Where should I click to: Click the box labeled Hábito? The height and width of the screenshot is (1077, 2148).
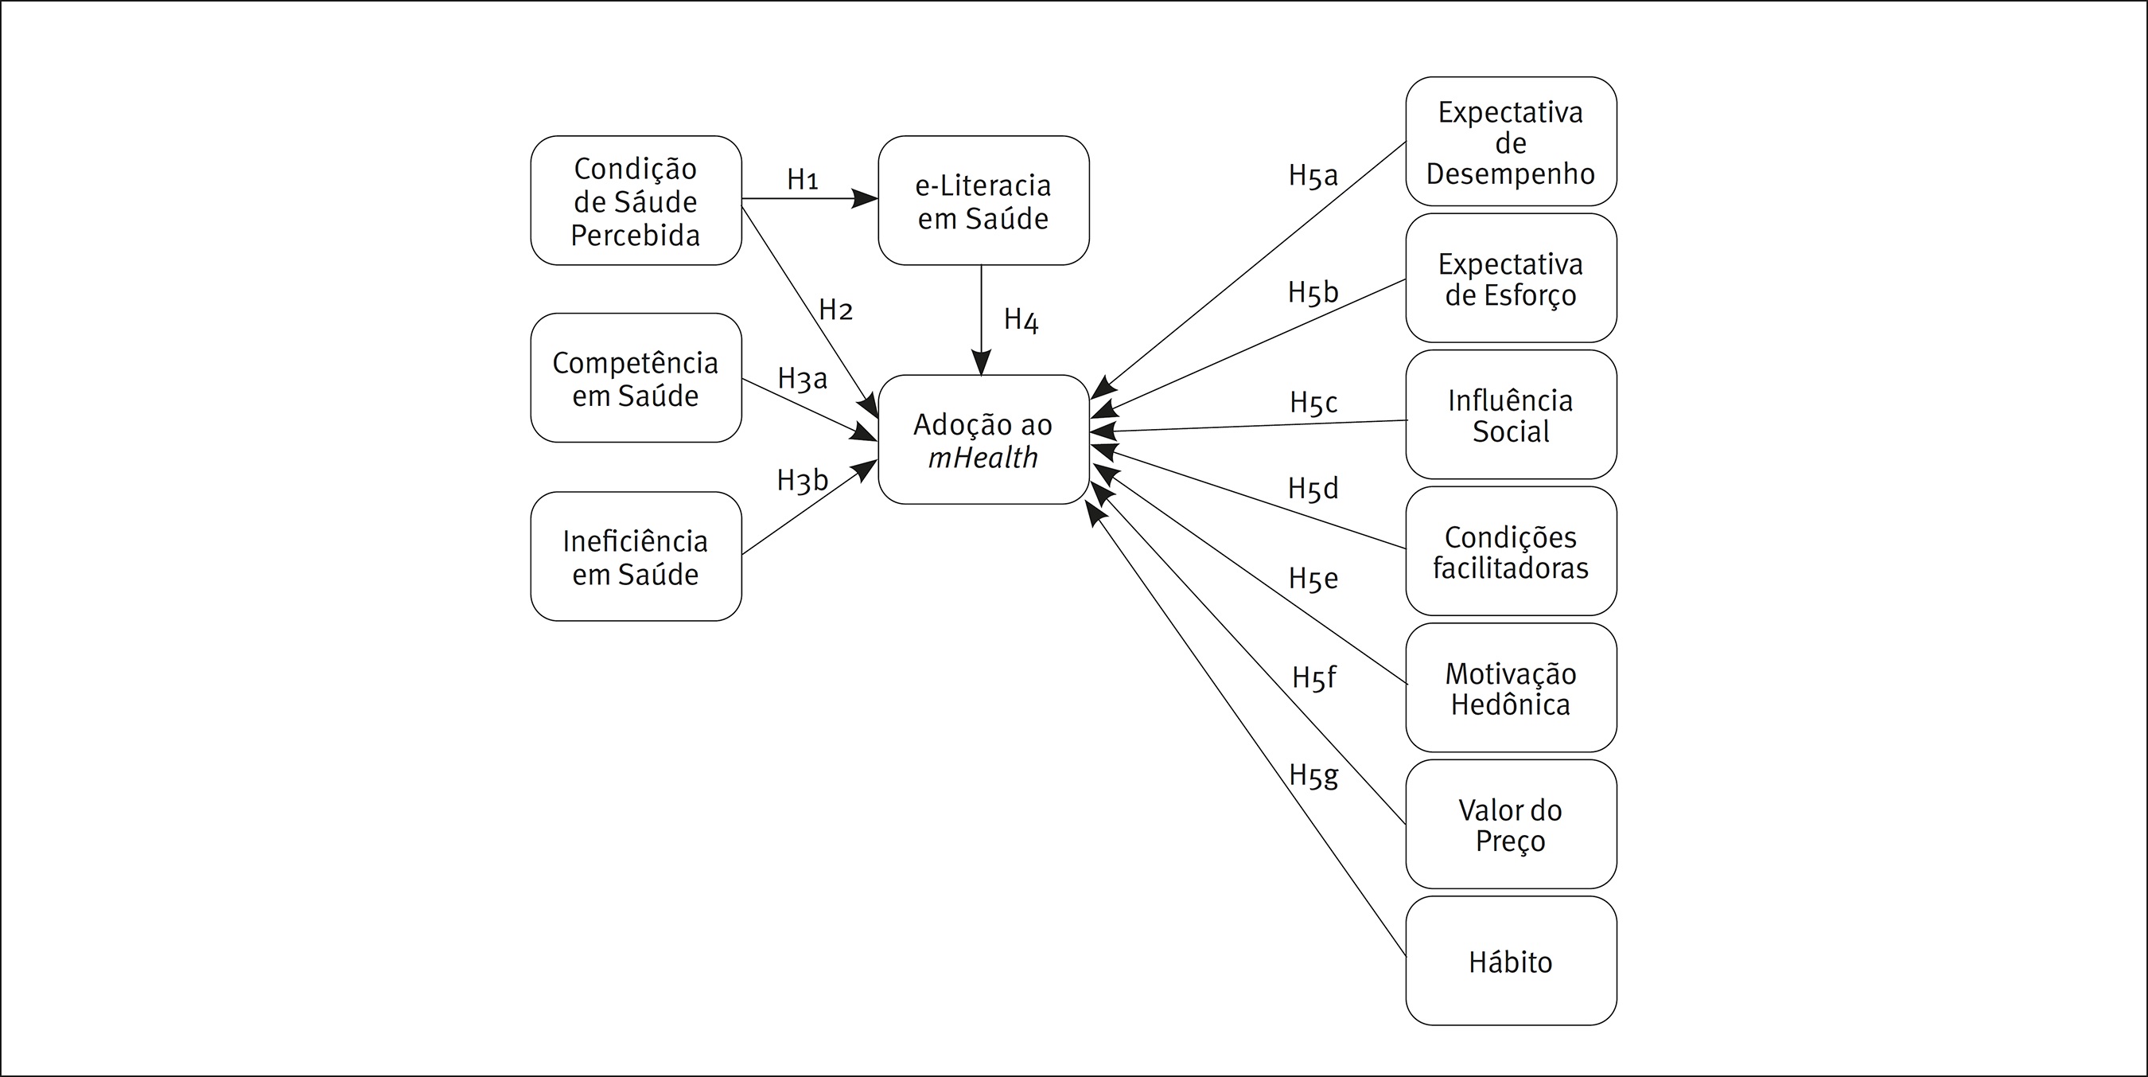(1510, 961)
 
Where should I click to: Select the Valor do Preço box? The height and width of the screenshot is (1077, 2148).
(1510, 824)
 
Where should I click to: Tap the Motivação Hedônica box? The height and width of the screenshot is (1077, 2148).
(1510, 689)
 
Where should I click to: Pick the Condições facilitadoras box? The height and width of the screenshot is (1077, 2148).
(1510, 552)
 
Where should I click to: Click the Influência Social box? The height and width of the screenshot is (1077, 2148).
(1510, 415)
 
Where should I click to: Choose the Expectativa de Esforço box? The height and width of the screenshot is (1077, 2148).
(1510, 279)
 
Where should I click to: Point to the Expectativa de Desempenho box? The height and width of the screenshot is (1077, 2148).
(1510, 142)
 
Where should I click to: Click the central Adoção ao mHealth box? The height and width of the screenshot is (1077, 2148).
(983, 439)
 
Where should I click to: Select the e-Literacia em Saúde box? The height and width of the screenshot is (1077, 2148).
(983, 201)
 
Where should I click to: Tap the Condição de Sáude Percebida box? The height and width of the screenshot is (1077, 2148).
(636, 201)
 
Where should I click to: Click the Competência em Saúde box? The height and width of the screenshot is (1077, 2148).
(636, 378)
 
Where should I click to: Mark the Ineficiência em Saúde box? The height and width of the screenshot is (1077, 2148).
(636, 556)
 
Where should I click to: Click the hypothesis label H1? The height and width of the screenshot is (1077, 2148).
(802, 179)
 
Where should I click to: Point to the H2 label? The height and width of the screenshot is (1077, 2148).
(835, 310)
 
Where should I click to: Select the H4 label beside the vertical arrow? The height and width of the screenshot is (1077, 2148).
(1021, 318)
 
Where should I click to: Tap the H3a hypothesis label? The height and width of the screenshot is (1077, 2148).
(802, 379)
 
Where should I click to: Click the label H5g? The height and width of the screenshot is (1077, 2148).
(1313, 775)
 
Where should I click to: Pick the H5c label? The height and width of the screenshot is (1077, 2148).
(1313, 402)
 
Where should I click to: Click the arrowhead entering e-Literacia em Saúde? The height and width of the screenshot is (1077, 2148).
(866, 198)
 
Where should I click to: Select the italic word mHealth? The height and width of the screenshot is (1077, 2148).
(983, 457)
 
